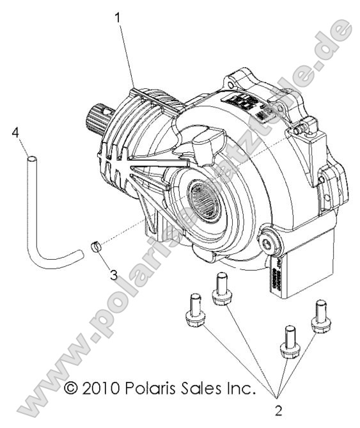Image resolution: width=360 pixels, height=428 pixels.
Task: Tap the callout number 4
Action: (15, 132)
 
